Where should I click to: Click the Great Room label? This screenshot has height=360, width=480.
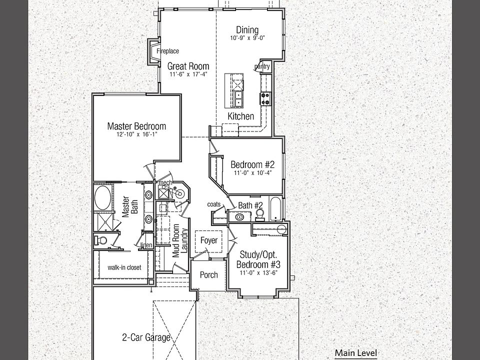tap(188, 66)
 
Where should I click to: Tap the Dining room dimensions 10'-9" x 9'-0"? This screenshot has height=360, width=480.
tap(247, 38)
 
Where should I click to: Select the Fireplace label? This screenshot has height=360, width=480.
tap(168, 51)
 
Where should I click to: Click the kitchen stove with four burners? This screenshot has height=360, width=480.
tap(265, 98)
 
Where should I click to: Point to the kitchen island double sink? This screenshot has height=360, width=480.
tap(237, 99)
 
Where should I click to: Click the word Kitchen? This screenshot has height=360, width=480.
tap(241, 116)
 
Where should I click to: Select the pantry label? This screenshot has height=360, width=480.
tap(262, 66)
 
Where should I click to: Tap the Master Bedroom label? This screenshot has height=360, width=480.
tap(136, 126)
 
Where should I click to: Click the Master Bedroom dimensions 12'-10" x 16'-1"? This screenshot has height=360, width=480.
tap(137, 134)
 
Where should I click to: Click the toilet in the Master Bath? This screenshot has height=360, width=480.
tap(100, 239)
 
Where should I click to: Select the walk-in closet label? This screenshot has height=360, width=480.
tap(124, 267)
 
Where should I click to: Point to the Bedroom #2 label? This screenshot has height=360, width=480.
tap(252, 164)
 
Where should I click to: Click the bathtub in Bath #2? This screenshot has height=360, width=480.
tap(275, 209)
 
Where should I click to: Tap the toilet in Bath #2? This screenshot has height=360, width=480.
tap(260, 214)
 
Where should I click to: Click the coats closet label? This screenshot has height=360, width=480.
tap(213, 204)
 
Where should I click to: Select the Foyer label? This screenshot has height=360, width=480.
tap(209, 240)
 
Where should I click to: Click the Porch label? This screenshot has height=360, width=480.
tap(209, 275)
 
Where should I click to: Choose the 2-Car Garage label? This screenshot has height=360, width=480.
tap(146, 337)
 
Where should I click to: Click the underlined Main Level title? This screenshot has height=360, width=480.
tap(355, 353)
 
